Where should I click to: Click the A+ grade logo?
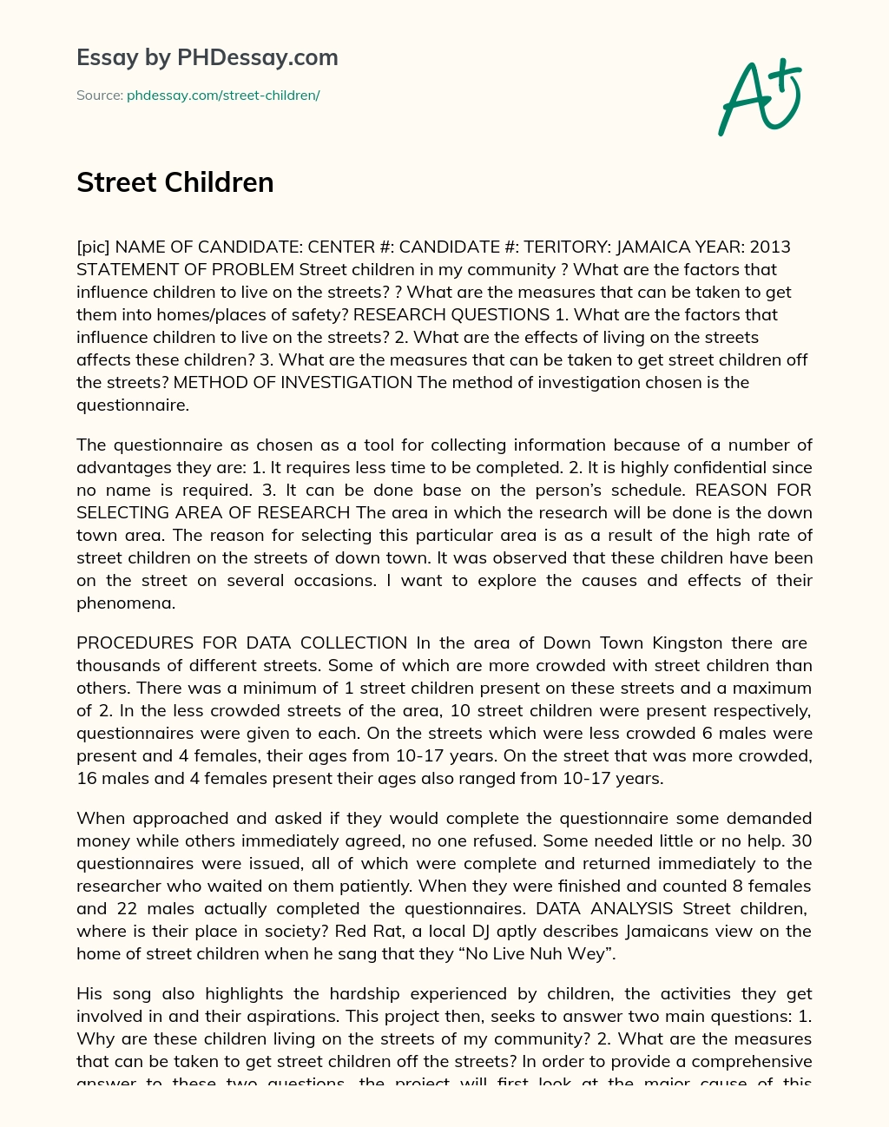click(759, 97)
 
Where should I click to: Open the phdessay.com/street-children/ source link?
click(223, 96)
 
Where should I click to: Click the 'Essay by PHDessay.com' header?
click(207, 57)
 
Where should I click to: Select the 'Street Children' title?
click(175, 182)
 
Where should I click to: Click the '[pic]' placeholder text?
click(93, 247)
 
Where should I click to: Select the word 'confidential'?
click(715, 467)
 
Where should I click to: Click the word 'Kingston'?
click(680, 643)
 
